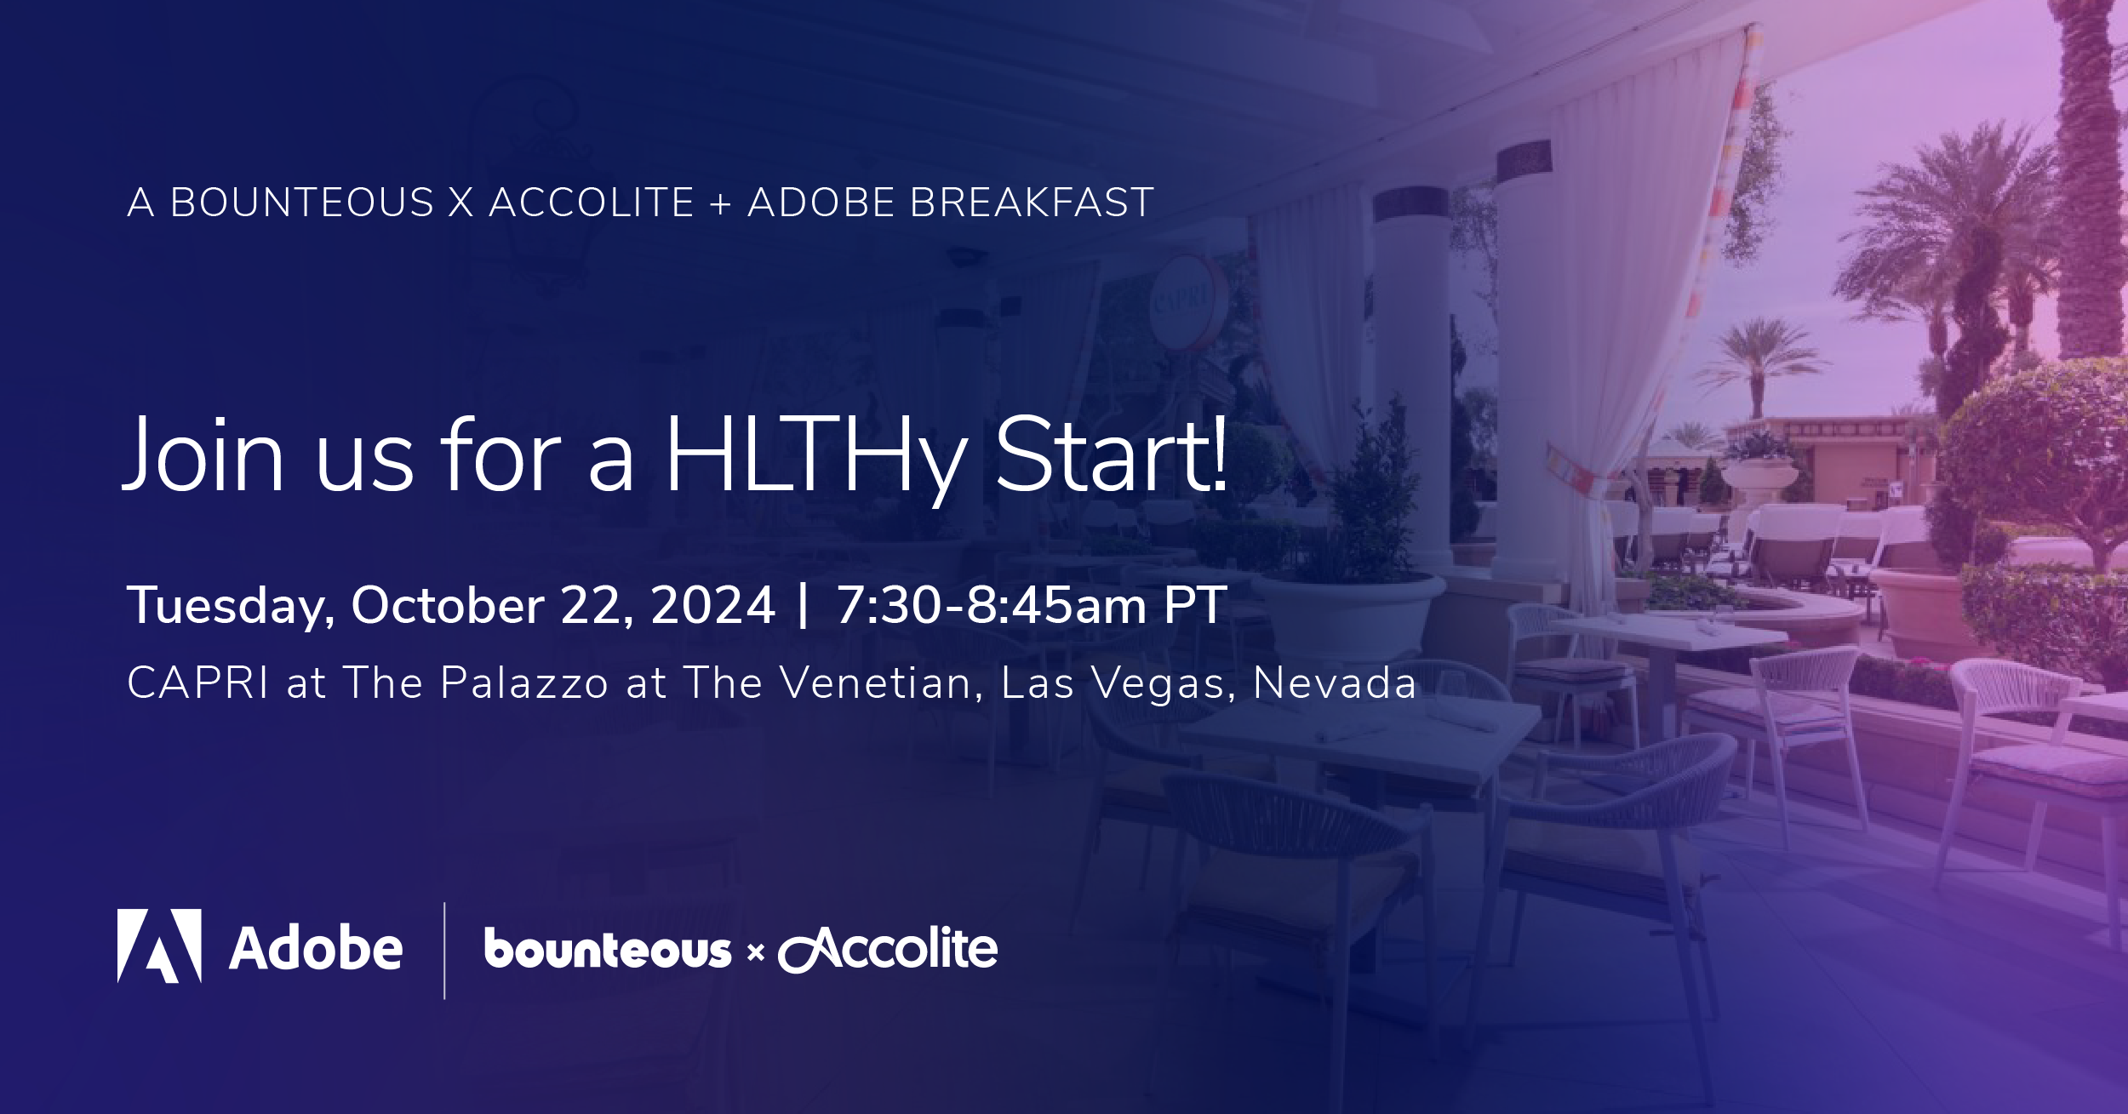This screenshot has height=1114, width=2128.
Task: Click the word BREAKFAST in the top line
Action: [x=1032, y=203]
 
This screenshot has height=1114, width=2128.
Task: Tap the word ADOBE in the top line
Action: [x=820, y=203]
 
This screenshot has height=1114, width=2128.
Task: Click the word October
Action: [x=448, y=605]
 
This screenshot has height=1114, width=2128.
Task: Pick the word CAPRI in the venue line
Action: [x=198, y=683]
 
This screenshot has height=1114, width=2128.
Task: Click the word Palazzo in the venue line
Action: [x=524, y=683]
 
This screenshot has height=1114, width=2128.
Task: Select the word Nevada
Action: [x=1335, y=683]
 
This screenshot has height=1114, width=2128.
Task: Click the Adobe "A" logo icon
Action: [x=159, y=945]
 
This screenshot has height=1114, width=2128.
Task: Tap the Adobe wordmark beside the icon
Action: [x=316, y=947]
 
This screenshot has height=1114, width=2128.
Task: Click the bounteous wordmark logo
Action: [x=608, y=949]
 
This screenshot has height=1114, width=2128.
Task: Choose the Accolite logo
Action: [x=888, y=949]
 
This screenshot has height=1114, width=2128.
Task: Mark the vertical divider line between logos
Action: [x=444, y=951]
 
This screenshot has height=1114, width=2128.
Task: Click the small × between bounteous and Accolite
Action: [x=755, y=953]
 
